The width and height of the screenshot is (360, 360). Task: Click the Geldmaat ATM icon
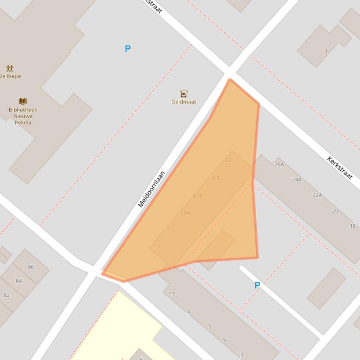pos(184,94)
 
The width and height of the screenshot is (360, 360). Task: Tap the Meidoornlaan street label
pos(152,189)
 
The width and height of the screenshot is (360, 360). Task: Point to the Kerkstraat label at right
pos(340,167)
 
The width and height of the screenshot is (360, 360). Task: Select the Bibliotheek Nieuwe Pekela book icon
pos(22,101)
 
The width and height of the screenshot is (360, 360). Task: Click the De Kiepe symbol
pos(10,69)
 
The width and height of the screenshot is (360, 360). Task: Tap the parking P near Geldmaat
pos(127,49)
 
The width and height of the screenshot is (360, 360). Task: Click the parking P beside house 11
pos(257,285)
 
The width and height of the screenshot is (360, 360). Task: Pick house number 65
pos(228,160)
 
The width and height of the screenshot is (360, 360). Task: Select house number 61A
pos(198,195)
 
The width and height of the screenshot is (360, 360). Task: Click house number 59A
pos(185,213)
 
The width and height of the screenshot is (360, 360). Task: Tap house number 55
pos(158,245)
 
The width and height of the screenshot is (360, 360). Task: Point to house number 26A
pos(279,165)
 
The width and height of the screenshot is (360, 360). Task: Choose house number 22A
pos(317,195)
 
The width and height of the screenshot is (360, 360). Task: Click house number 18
pos(353,226)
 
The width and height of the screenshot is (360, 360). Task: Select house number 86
pos(31,267)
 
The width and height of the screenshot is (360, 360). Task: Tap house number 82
pos(7,295)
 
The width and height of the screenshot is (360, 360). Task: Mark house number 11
pos(171,294)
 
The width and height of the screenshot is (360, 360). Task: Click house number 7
pos(210,327)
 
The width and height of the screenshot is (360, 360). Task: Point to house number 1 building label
pos(326,51)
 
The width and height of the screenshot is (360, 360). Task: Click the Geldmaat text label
pos(184,102)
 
